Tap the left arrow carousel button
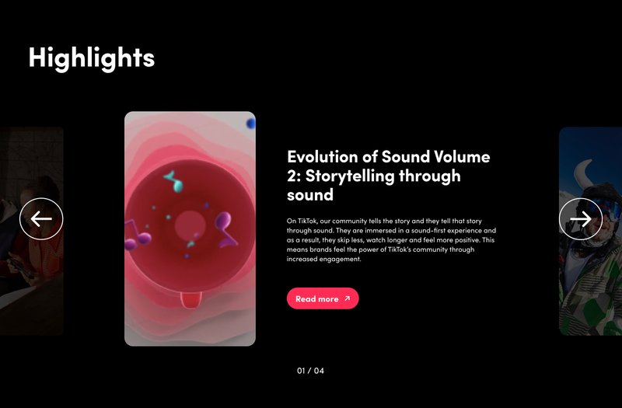pos(41,219)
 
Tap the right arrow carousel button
pos(581,219)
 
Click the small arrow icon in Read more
pos(347,298)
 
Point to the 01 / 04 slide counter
pos(310,371)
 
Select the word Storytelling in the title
pos(350,176)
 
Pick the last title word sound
pos(310,195)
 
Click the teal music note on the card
pos(175,181)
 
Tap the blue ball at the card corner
pos(251,124)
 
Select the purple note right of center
pos(225,228)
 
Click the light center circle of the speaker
pos(190,225)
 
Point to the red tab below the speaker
pos(191,300)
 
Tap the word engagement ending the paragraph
pos(341,260)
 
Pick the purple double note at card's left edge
pos(137,235)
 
